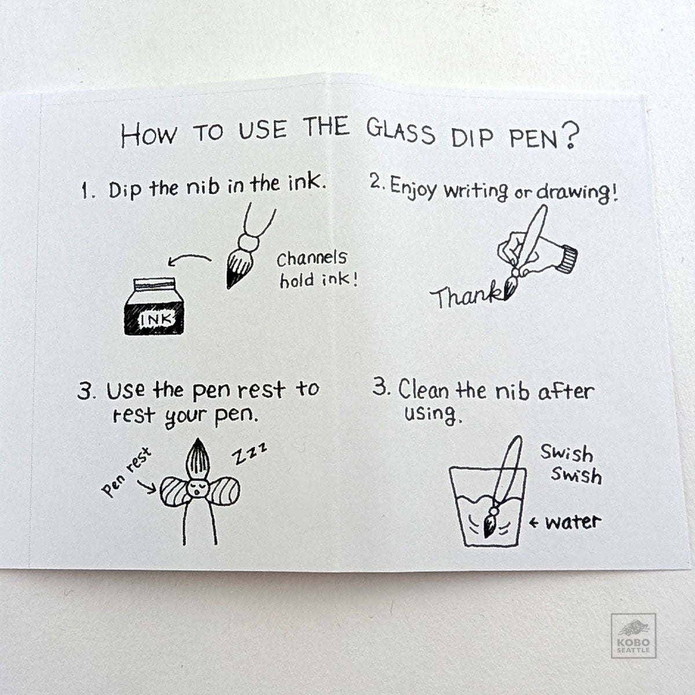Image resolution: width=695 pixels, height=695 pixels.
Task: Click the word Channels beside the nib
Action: pos(312,258)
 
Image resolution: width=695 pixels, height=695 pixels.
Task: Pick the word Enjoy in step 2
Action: pos(414,188)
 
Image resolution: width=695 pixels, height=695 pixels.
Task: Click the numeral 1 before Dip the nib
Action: pos(85,191)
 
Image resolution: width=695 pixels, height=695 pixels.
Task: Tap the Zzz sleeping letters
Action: pos(250,453)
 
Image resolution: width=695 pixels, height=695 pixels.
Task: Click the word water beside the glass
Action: pos(573,522)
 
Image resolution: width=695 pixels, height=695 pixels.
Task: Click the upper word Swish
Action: pos(566,453)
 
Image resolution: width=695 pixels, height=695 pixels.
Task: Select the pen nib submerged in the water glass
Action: pos(489,522)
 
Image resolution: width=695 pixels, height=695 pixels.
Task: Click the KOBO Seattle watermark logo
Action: pos(634,635)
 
